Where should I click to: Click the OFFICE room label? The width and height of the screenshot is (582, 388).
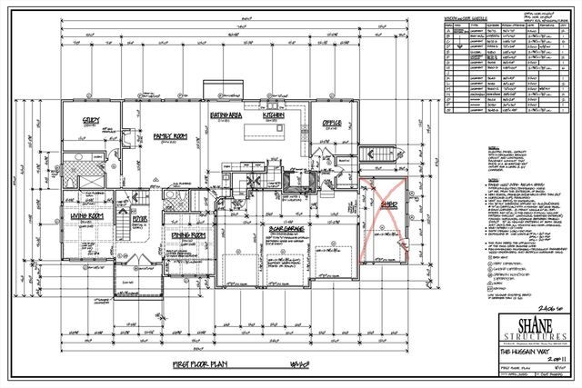coord(330,123)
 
